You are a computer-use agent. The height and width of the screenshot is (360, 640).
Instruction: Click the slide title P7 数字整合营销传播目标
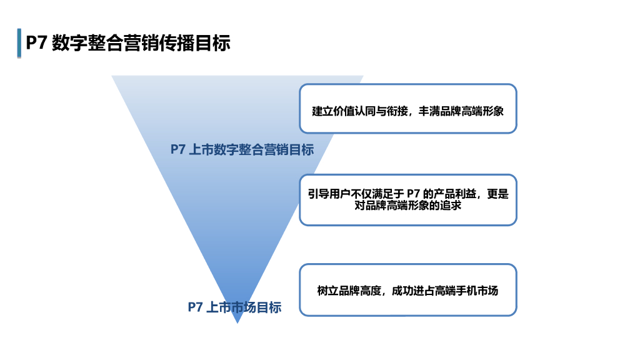[128, 42]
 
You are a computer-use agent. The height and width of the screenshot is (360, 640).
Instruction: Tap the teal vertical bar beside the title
[19, 43]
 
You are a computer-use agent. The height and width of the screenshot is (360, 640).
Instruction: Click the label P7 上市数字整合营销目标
[242, 149]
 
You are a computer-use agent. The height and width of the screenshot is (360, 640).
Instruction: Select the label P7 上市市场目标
[234, 307]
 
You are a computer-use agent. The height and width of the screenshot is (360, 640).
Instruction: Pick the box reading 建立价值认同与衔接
[407, 108]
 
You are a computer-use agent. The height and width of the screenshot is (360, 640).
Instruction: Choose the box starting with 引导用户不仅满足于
[407, 199]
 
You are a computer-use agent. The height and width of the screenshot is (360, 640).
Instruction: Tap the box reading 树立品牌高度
[407, 290]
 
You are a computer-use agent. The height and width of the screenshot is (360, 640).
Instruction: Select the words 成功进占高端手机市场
[445, 291]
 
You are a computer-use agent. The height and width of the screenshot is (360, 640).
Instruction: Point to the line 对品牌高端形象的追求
[407, 205]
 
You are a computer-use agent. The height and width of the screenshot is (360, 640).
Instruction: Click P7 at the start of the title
[37, 42]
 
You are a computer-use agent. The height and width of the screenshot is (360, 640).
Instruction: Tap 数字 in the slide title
[70, 42]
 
